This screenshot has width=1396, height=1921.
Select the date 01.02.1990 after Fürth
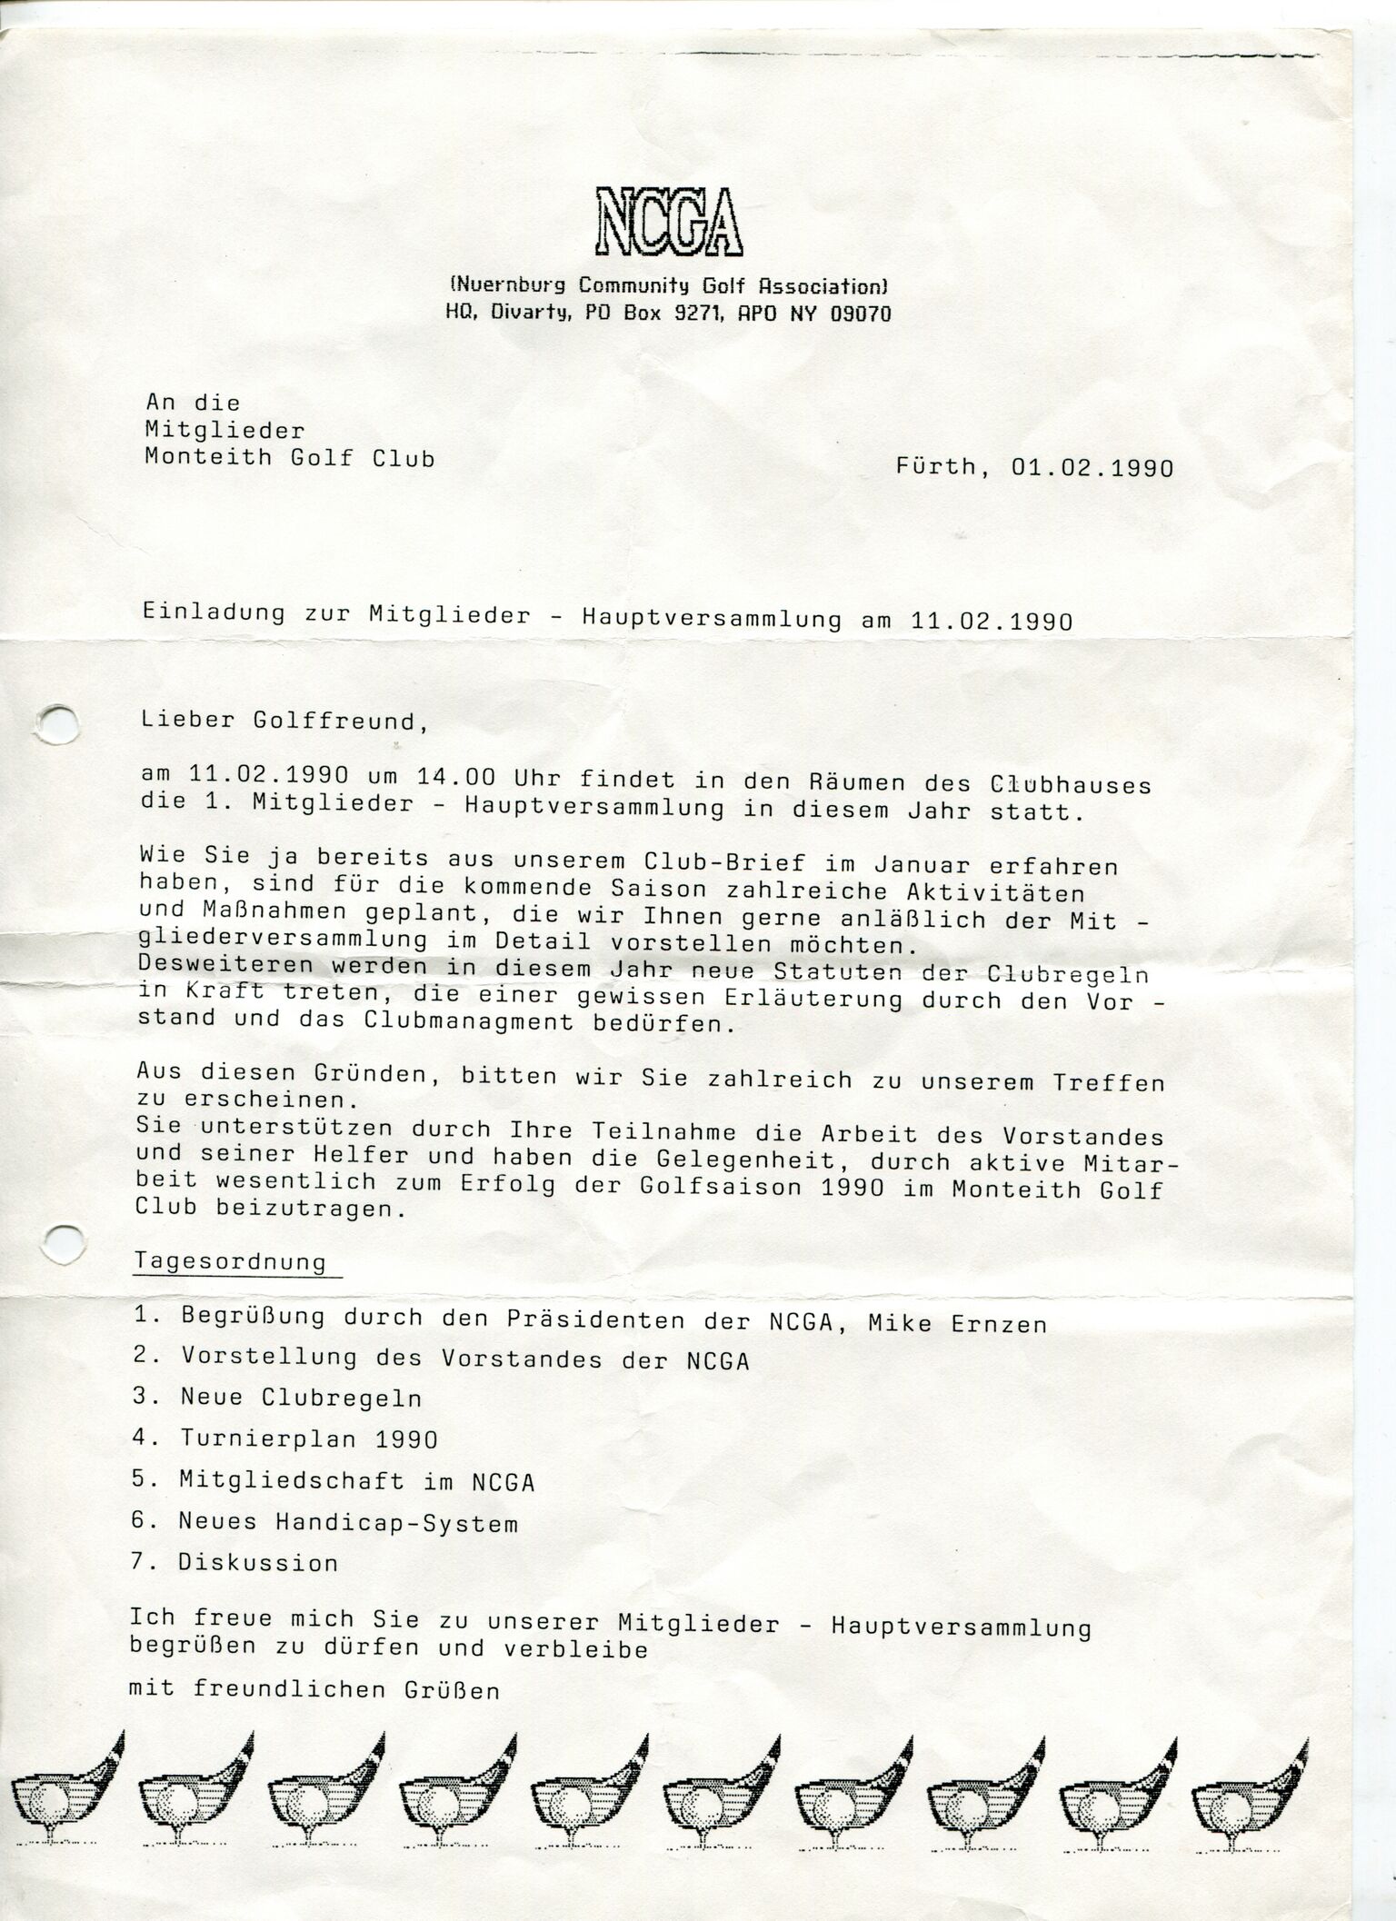pos(1092,469)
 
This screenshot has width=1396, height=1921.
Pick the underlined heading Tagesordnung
pos(231,1262)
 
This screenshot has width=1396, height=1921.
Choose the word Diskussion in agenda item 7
pos(258,1563)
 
